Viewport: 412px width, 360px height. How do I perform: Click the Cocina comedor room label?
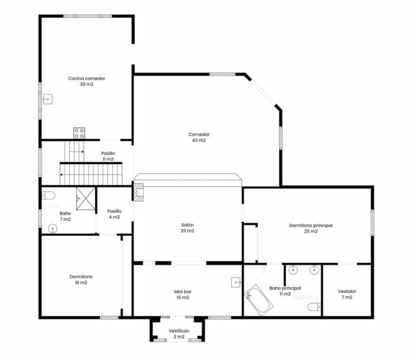point(86,78)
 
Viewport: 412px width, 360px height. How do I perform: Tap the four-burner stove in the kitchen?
point(79,133)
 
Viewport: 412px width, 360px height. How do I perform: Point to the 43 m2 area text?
point(199,140)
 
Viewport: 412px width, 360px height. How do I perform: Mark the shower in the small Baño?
point(85,198)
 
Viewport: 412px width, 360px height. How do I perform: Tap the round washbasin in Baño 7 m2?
point(52,229)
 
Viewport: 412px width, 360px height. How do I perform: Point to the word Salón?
point(187,225)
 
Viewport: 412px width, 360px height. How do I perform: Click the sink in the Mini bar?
point(235,282)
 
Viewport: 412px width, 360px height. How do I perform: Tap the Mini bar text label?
point(183,291)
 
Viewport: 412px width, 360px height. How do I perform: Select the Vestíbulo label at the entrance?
point(179,330)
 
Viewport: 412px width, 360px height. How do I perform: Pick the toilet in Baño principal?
point(313,308)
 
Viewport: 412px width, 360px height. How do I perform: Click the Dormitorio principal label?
point(307,225)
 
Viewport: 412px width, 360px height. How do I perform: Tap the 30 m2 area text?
point(86,84)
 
